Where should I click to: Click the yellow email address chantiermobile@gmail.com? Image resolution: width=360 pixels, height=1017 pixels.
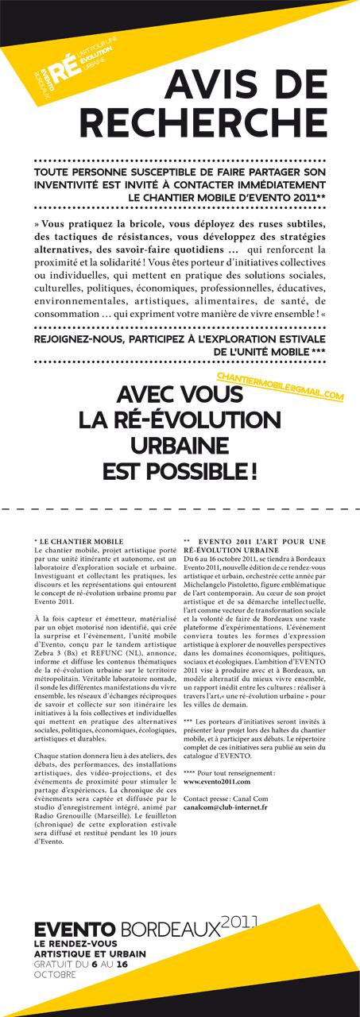(x=280, y=386)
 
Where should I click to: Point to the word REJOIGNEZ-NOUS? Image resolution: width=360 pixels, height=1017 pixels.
(x=74, y=337)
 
